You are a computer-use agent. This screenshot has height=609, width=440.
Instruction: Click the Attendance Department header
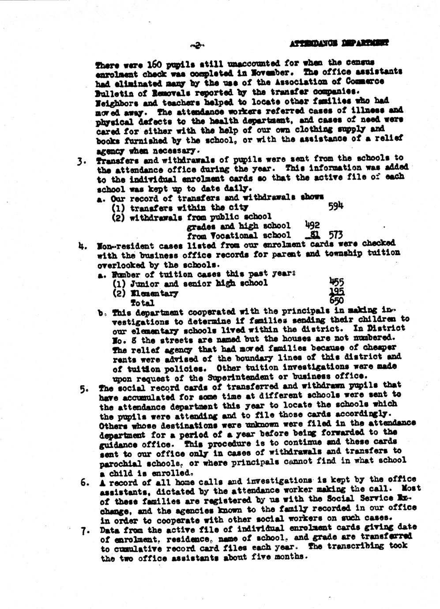[x=339, y=44]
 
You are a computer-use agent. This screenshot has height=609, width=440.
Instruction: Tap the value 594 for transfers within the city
[x=336, y=206]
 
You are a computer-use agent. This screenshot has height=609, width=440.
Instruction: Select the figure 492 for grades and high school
[x=312, y=225]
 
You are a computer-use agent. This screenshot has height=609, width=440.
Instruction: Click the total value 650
[x=337, y=302]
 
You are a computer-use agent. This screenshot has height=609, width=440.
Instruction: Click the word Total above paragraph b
[x=142, y=303]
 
